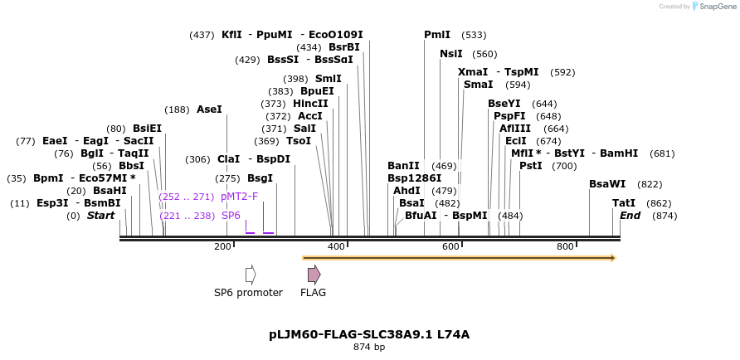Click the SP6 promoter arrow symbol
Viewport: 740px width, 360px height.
point(250,275)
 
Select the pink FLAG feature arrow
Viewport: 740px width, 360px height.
point(314,275)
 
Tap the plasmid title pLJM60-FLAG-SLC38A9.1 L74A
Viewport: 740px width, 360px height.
point(369,334)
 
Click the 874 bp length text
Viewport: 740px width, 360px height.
point(369,347)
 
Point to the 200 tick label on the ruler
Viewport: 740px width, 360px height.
point(222,246)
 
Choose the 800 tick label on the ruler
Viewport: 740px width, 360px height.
point(565,246)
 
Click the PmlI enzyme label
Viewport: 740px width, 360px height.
point(437,35)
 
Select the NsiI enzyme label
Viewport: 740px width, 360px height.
point(451,54)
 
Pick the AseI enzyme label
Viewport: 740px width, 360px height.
point(209,109)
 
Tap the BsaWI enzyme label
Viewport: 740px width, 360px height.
point(607,184)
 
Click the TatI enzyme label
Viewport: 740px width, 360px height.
point(624,203)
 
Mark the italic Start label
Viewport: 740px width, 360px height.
point(100,216)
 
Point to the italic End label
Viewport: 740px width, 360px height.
point(630,216)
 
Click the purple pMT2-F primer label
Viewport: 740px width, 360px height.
point(240,197)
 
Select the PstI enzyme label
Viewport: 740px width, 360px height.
point(530,166)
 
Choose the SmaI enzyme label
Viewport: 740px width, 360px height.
point(478,85)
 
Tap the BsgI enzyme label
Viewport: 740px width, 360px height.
point(260,178)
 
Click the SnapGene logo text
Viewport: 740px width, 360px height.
point(717,7)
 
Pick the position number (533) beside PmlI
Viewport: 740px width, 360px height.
point(474,35)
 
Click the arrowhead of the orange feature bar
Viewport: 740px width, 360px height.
point(613,258)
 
